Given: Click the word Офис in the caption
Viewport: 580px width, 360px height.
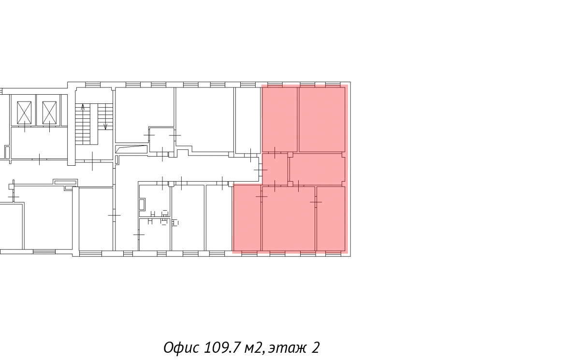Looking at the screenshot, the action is click(182, 347).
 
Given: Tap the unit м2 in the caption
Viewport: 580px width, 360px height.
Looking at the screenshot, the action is click(254, 348).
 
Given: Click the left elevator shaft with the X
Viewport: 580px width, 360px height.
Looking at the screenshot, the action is click(24, 113).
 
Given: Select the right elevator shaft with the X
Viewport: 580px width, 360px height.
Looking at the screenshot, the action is click(49, 113).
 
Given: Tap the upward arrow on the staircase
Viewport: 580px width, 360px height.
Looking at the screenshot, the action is click(83, 107).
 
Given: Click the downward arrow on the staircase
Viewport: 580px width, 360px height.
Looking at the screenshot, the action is click(105, 126).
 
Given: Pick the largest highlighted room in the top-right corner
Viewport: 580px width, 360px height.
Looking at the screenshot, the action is click(322, 119).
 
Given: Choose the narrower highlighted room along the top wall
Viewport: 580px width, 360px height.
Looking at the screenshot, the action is click(280, 119).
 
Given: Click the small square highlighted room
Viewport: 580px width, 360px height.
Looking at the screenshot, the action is click(275, 169).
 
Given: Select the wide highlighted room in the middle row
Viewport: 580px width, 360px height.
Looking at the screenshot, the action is click(317, 169).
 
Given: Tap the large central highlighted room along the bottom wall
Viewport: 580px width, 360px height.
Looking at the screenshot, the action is click(289, 219).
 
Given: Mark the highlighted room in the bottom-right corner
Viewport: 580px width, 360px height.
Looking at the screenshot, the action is click(331, 219).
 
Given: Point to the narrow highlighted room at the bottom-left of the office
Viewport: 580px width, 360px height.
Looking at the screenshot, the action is click(247, 217).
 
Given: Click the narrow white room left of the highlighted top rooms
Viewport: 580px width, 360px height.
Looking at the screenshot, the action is click(248, 120).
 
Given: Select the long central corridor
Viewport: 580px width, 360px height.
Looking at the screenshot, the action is click(187, 169).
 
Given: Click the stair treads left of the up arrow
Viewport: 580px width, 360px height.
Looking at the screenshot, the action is click(83, 124).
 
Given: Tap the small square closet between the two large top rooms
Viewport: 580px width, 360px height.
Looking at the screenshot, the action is click(162, 140).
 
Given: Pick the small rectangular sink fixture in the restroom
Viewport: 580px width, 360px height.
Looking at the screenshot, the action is click(142, 204).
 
